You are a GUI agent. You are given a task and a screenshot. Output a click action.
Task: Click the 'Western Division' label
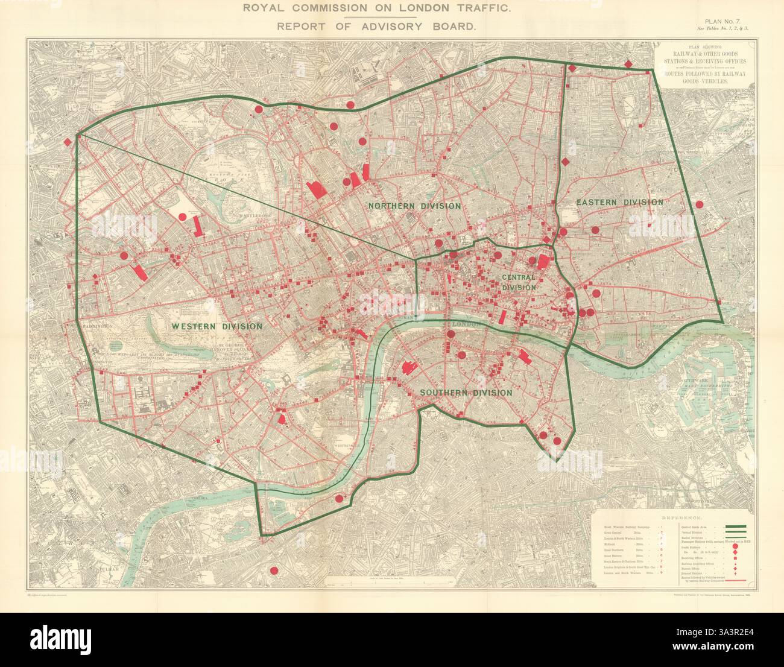pos(217,327)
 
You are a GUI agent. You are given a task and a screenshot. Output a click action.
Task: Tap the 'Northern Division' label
pos(414,206)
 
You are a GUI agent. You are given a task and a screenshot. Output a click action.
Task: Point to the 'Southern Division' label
pos(466,393)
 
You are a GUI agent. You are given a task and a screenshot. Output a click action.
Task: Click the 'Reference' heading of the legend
pos(681,518)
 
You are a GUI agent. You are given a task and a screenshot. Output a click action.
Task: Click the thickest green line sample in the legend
pos(736,527)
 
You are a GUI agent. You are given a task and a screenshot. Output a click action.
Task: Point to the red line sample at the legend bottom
pos(736,581)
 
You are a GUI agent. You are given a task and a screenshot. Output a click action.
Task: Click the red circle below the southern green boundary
pos(274,571)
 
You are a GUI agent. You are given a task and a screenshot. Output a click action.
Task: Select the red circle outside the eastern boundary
pos(700,204)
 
